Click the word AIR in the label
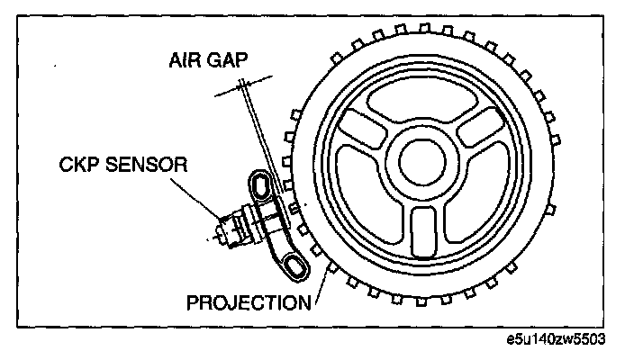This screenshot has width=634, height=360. pos(186,64)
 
